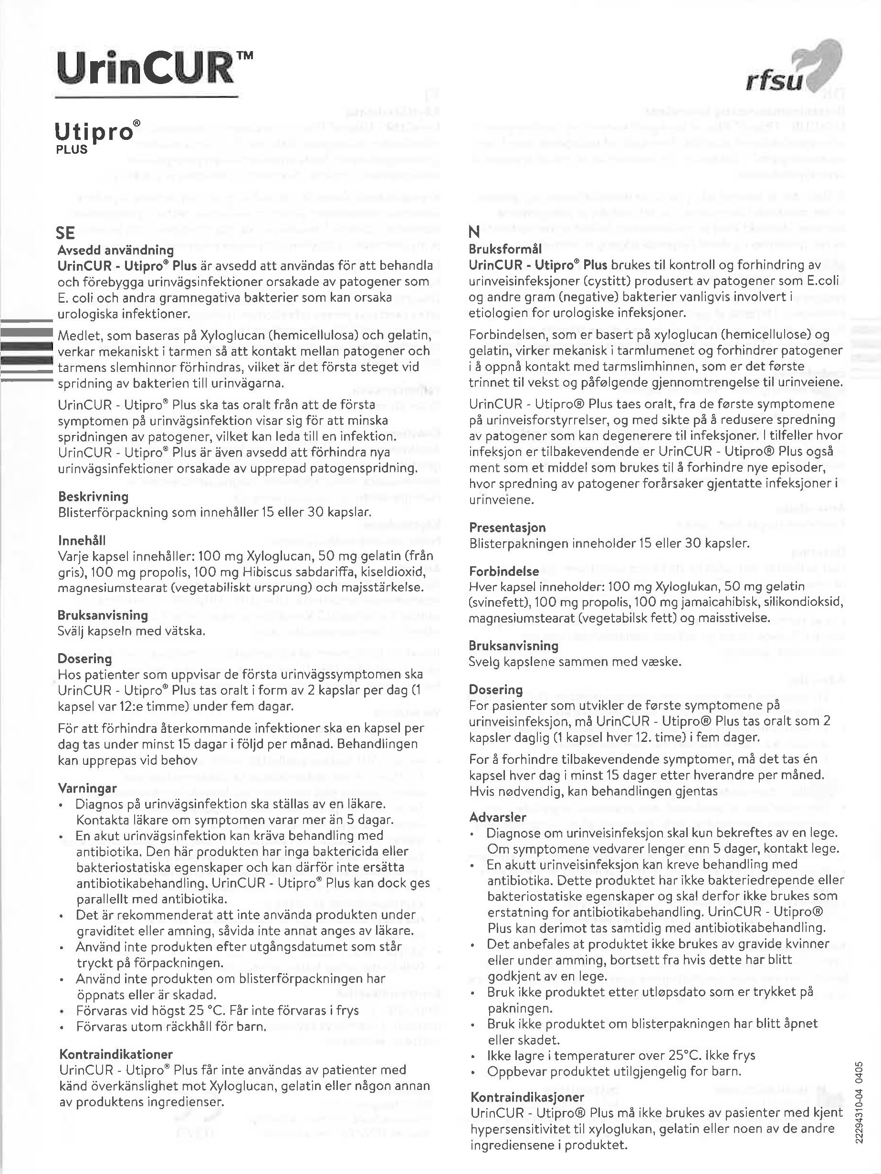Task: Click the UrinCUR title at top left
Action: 154,70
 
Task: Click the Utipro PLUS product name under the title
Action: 99,136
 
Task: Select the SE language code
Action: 66,233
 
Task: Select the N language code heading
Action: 474,232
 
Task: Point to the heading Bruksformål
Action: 505,249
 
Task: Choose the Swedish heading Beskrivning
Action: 94,497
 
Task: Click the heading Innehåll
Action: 82,540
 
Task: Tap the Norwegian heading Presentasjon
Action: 507,528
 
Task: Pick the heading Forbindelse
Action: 504,571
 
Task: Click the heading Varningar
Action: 87,788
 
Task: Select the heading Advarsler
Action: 497,817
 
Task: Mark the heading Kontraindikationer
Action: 115,1054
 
